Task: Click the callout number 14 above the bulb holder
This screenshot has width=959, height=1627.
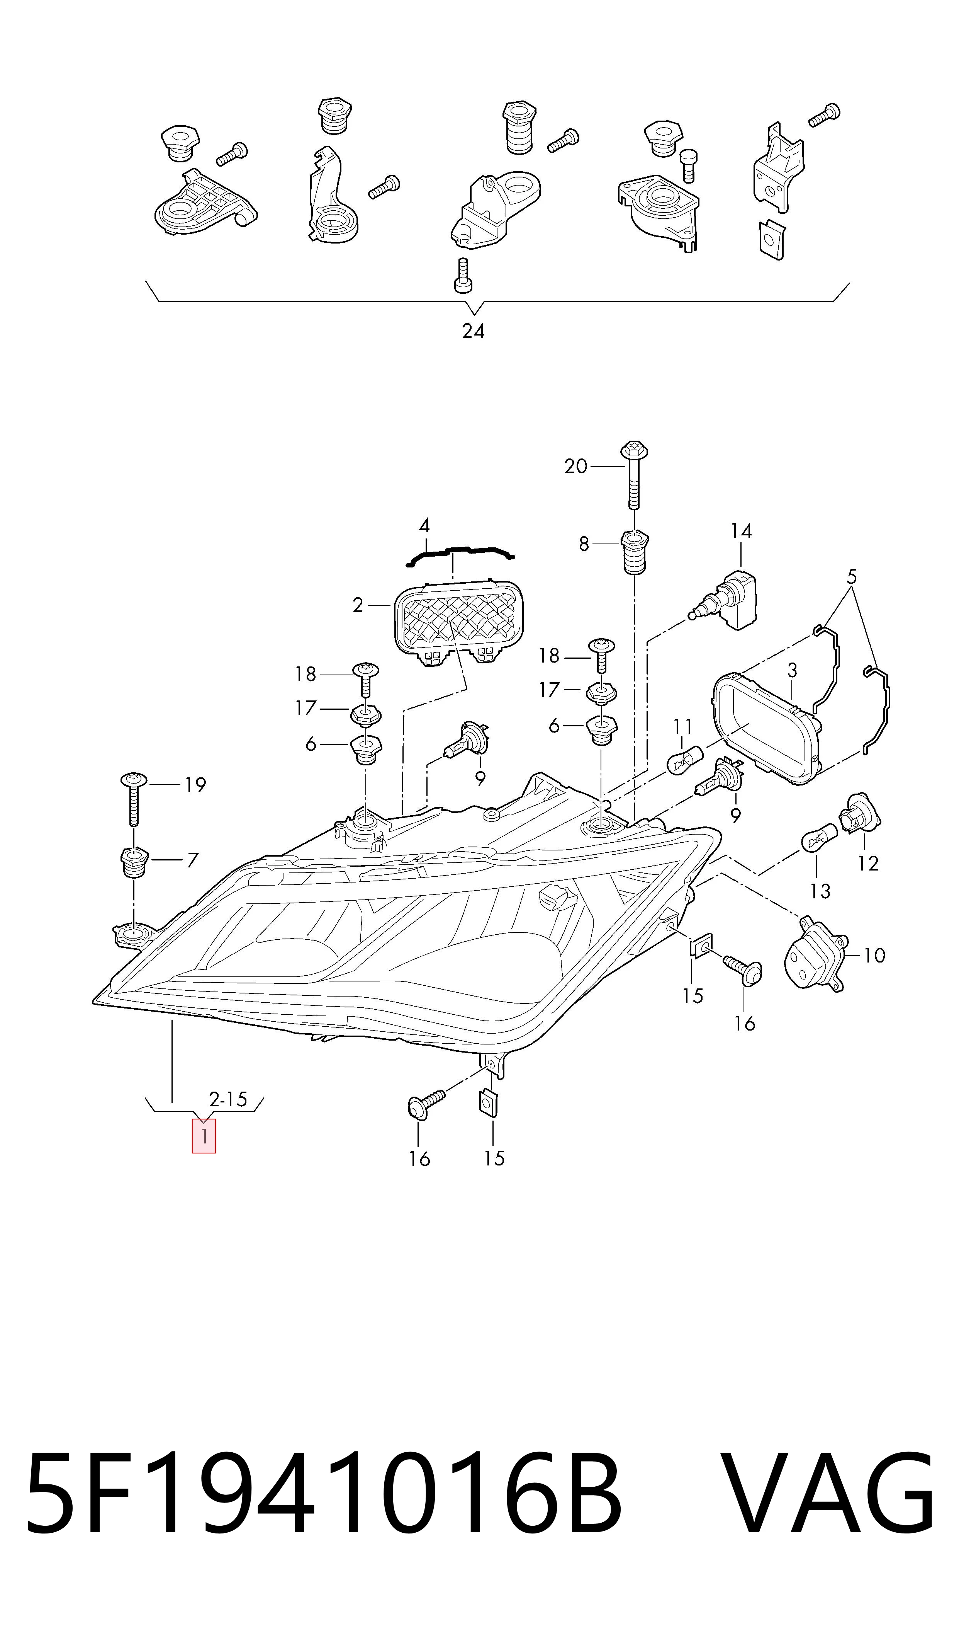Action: (741, 531)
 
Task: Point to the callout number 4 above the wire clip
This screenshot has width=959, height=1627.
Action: (424, 525)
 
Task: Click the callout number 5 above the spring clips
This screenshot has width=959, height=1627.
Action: (852, 576)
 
